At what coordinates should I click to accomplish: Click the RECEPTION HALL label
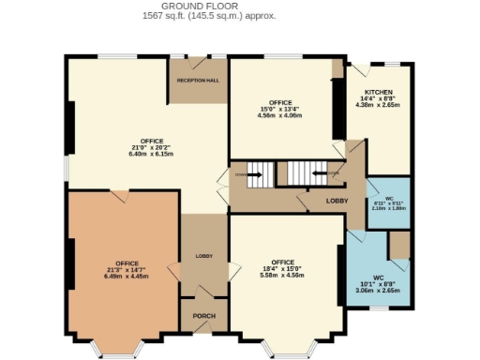(x=198, y=81)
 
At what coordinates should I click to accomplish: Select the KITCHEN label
(x=379, y=92)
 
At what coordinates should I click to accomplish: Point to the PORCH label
(x=203, y=316)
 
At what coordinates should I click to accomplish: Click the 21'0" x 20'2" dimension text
(x=145, y=147)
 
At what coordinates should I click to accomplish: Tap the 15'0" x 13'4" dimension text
(x=280, y=109)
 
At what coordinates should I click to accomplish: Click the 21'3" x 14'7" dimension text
(x=127, y=270)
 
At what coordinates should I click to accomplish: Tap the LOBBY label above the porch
(x=203, y=256)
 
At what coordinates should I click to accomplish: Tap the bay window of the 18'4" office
(x=280, y=352)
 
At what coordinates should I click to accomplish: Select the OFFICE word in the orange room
(x=127, y=263)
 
